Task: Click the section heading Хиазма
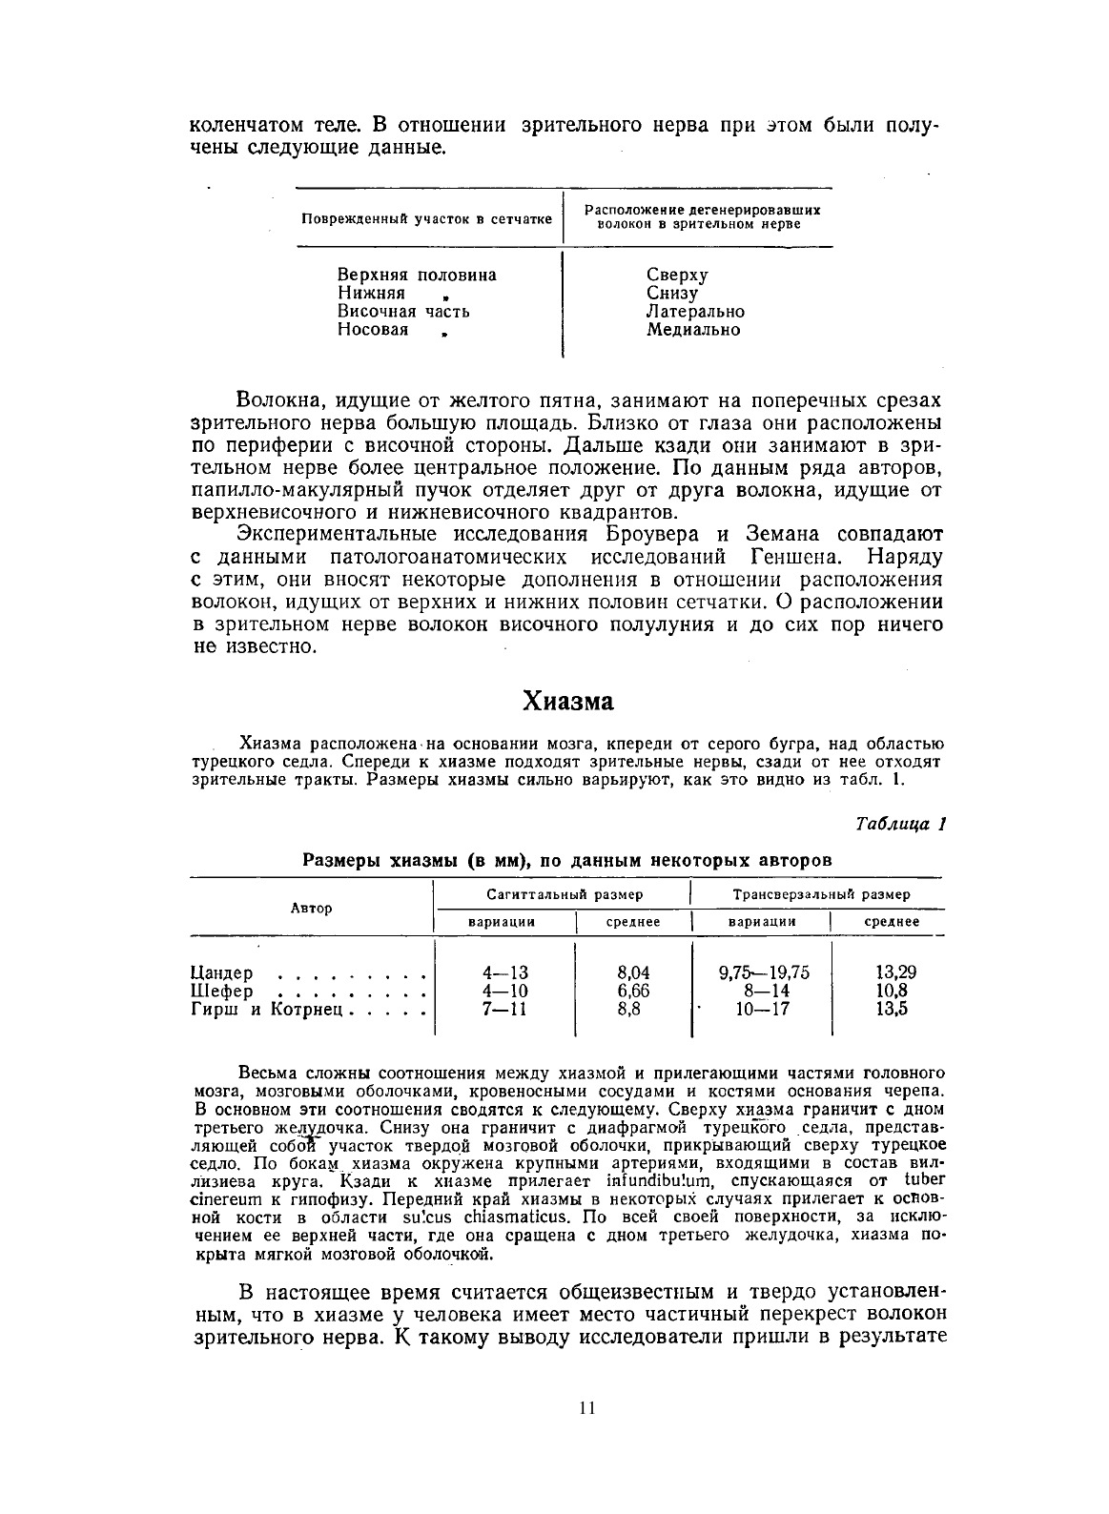[567, 702]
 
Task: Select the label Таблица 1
[899, 824]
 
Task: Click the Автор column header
[311, 908]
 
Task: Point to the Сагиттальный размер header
[565, 894]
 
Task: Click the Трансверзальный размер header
[821, 894]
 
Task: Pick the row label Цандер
[222, 973]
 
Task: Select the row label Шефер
[222, 992]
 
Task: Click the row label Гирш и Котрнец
[266, 1009]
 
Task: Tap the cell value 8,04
[633, 973]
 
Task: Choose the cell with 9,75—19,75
[764, 973]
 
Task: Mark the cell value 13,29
[895, 973]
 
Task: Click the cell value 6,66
[633, 992]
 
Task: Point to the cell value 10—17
[763, 1009]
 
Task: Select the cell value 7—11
[504, 1009]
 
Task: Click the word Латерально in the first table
[695, 312]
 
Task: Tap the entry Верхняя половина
[417, 276]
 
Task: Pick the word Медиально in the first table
[692, 330]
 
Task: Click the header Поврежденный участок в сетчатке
[426, 218]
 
